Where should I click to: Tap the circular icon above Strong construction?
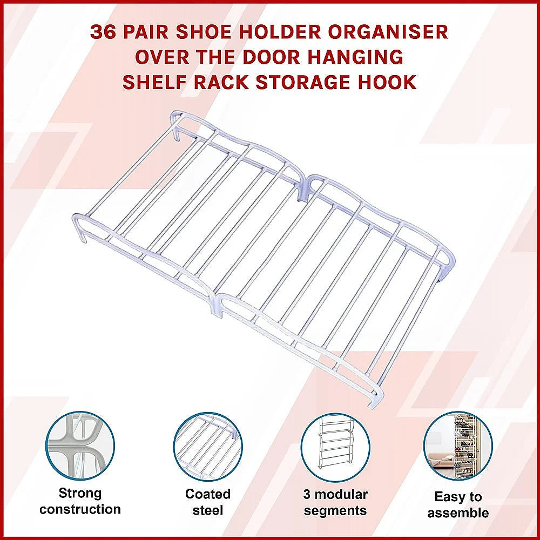coord(80,446)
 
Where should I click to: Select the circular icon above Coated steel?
coord(208,447)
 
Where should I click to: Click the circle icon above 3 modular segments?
coord(335,447)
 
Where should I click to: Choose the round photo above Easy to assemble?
coord(458,446)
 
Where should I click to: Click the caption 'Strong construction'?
coord(80,501)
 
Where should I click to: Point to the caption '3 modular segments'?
coord(335,502)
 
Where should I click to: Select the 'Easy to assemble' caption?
coord(458,505)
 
